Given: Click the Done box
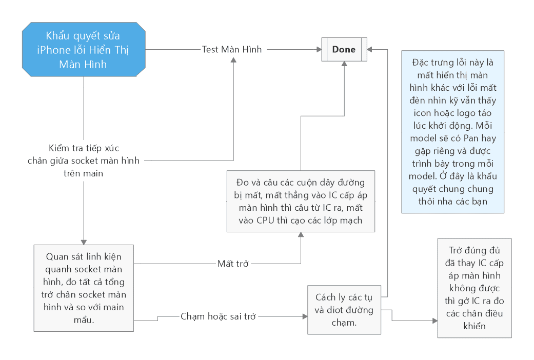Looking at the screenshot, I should (344, 50).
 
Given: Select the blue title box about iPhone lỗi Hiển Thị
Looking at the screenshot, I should (83, 50).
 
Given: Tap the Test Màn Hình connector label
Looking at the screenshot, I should (232, 50).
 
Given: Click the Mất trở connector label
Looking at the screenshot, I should (233, 264).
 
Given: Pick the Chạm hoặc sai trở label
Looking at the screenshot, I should (218, 316).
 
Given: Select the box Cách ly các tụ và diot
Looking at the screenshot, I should (344, 310).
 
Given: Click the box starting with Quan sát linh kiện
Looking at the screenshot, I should (83, 288).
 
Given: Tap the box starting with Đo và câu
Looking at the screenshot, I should (301, 202).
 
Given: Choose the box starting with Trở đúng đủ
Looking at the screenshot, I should (474, 288).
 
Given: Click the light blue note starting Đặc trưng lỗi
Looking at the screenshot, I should (452, 131).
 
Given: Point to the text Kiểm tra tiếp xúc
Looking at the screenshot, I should (84, 148).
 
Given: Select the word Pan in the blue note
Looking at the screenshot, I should (471, 138).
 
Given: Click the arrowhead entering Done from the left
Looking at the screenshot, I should (318, 50).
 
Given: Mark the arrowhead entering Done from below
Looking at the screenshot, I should (344, 65).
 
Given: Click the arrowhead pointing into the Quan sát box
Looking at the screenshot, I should (84, 242).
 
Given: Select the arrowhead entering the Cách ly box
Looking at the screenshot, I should (304, 316).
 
